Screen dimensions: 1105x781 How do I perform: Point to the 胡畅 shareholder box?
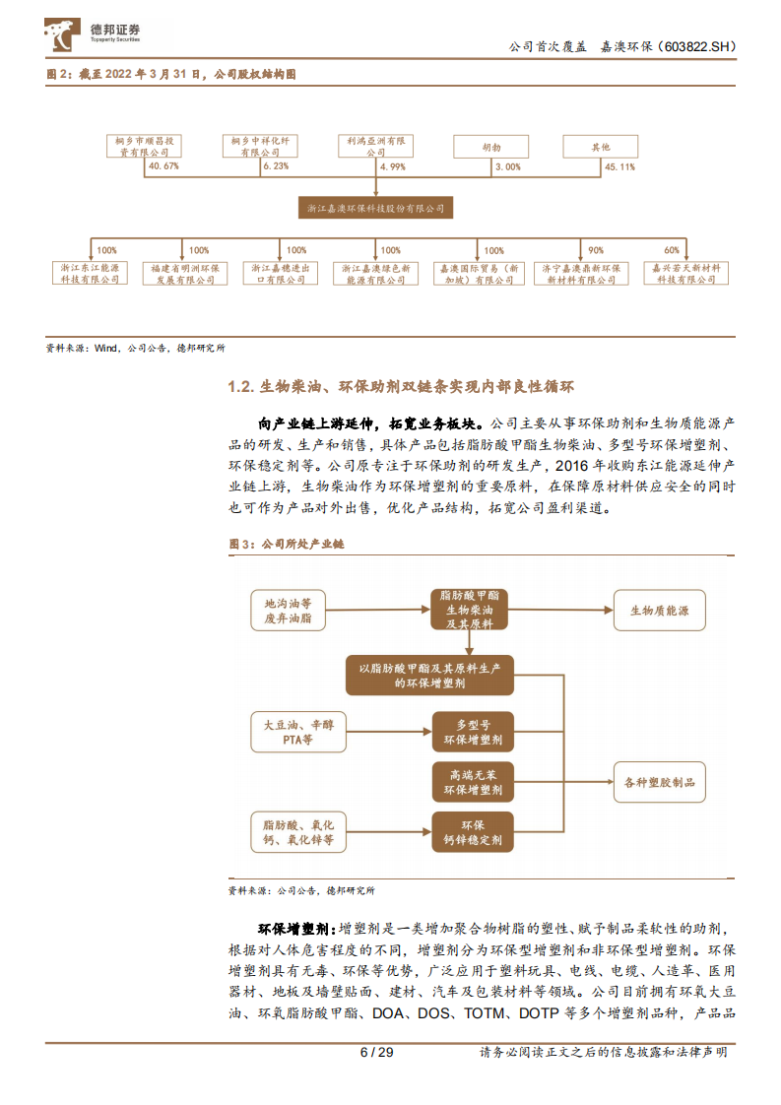[x=490, y=147]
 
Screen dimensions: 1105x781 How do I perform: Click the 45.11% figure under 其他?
[x=619, y=166]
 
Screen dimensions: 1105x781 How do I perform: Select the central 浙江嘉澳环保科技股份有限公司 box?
[x=375, y=208]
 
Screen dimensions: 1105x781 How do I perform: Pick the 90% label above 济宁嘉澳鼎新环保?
[x=596, y=250]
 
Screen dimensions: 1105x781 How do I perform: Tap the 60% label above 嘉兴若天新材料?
[x=672, y=250]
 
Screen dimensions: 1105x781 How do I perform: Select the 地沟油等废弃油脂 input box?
[x=288, y=611]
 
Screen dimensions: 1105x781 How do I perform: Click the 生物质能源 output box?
[x=659, y=611]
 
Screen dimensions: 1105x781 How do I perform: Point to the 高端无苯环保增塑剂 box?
[x=470, y=782]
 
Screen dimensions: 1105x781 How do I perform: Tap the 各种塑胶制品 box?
[x=659, y=782]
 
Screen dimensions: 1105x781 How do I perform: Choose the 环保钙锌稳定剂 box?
[x=470, y=833]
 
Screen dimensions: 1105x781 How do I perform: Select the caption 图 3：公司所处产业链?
[x=286, y=544]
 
